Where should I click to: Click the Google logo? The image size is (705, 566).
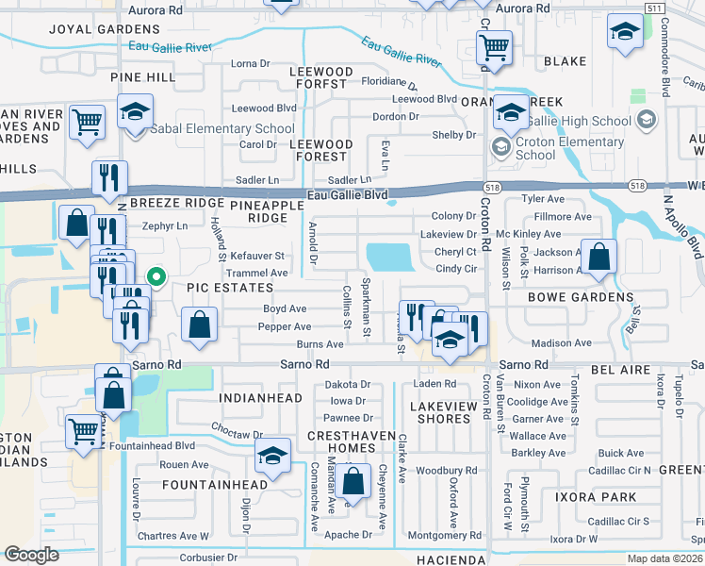point(32,555)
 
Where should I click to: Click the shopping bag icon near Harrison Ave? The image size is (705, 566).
point(598,257)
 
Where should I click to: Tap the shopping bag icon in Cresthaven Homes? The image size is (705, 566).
point(353,482)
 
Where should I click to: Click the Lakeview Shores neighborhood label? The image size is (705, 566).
point(440,411)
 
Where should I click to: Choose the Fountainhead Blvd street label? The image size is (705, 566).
point(152,446)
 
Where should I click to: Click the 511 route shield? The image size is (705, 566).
point(654,8)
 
